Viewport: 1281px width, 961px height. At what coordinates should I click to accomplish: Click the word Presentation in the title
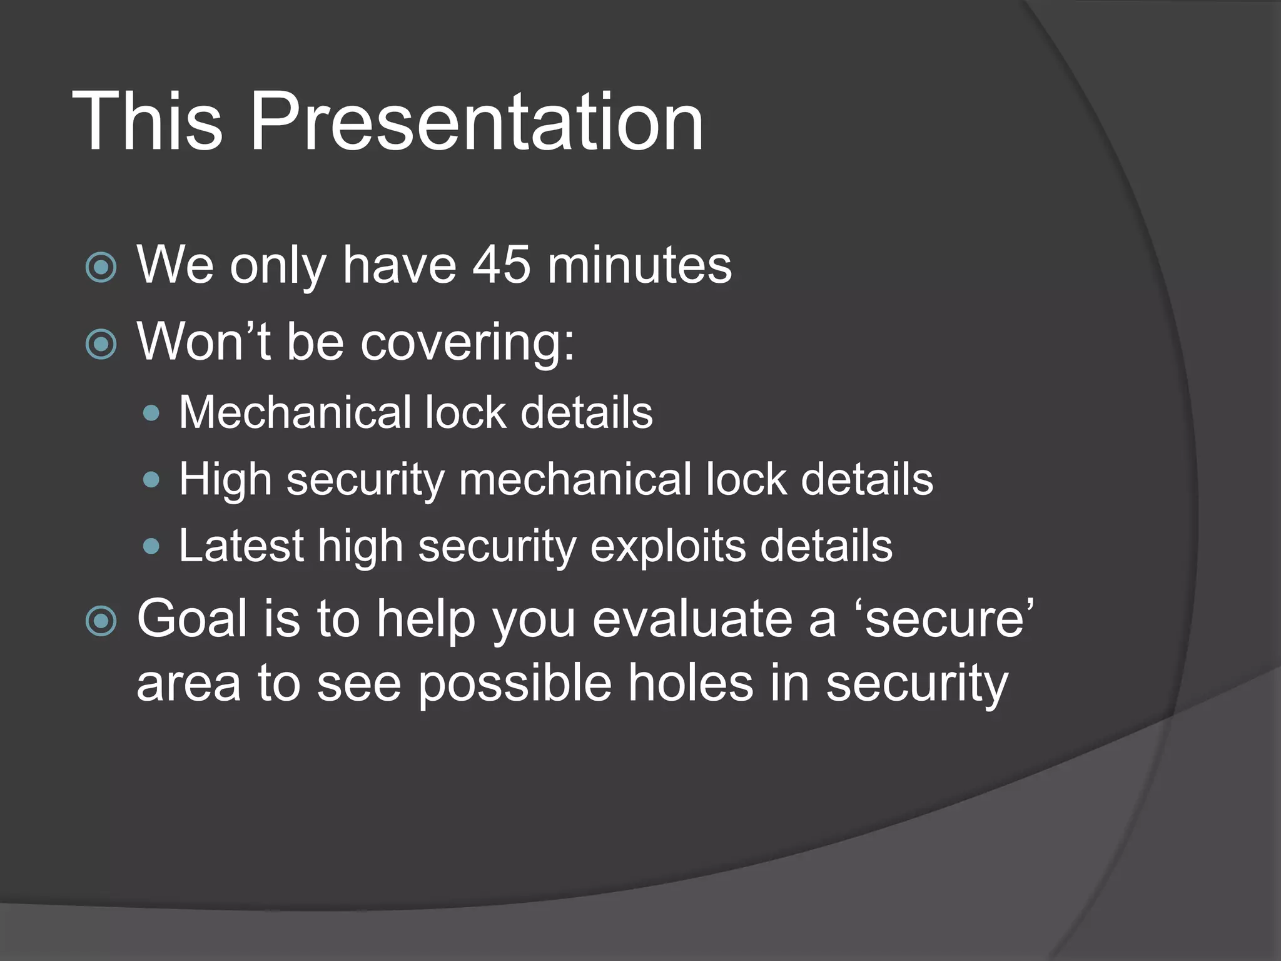coord(477,122)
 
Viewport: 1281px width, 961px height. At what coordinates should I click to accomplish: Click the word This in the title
coord(148,122)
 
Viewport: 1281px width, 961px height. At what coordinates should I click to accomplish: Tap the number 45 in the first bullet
coord(501,265)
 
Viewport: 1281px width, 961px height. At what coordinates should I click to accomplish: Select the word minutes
coord(639,265)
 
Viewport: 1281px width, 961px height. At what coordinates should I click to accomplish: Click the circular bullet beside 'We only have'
coord(101,268)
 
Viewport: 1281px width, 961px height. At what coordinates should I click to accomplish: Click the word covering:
coord(467,343)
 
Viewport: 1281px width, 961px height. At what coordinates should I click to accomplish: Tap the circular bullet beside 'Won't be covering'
coord(101,344)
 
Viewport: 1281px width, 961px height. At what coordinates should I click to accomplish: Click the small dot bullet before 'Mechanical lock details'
coord(151,414)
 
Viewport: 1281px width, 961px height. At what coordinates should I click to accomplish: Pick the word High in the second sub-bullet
coord(225,480)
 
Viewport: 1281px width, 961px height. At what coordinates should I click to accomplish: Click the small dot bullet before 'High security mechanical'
coord(151,480)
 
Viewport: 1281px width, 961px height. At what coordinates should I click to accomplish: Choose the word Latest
coord(241,546)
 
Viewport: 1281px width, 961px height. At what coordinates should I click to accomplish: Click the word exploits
coord(668,546)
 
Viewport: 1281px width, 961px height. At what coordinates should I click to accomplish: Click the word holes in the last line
coord(691,683)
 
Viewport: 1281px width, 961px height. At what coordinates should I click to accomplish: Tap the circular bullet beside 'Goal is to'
coord(101,621)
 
